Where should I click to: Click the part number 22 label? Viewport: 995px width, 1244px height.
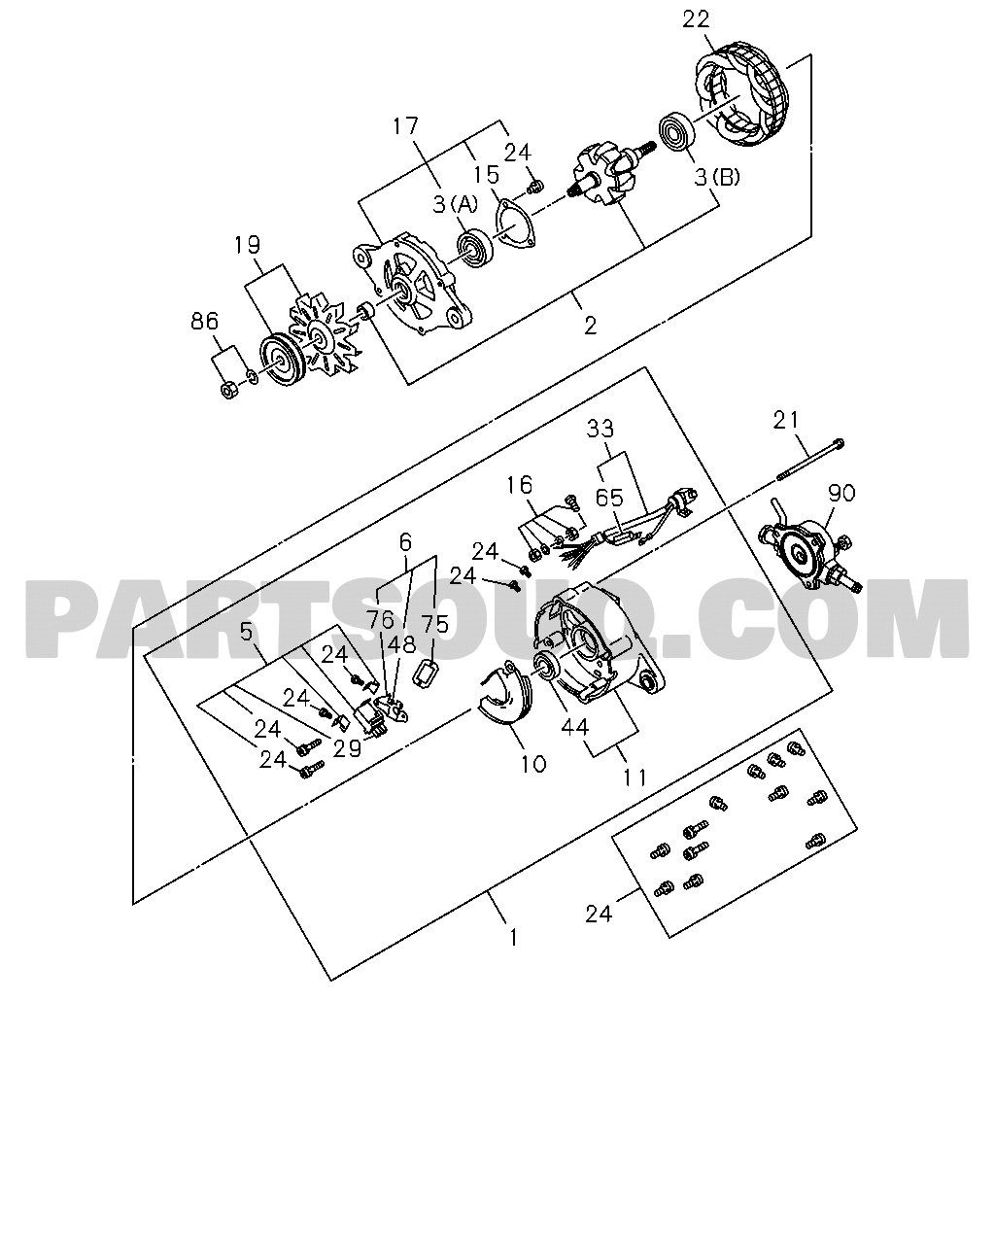pyautogui.click(x=696, y=19)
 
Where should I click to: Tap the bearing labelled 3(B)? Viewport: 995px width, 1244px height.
pyautogui.click(x=676, y=132)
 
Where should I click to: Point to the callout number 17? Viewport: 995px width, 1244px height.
pyautogui.click(x=405, y=126)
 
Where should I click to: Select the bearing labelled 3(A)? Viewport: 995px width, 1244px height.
pyautogui.click(x=475, y=249)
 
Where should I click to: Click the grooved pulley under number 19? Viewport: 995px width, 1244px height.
pyautogui.click(x=278, y=361)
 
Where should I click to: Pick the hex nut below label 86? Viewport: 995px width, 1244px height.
pyautogui.click(x=229, y=391)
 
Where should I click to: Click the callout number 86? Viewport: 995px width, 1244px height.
pyautogui.click(x=205, y=322)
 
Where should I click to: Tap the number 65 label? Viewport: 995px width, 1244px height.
pyautogui.click(x=609, y=499)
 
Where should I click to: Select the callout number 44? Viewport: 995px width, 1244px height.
pyautogui.click(x=574, y=727)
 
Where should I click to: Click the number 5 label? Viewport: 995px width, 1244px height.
pyautogui.click(x=246, y=632)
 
